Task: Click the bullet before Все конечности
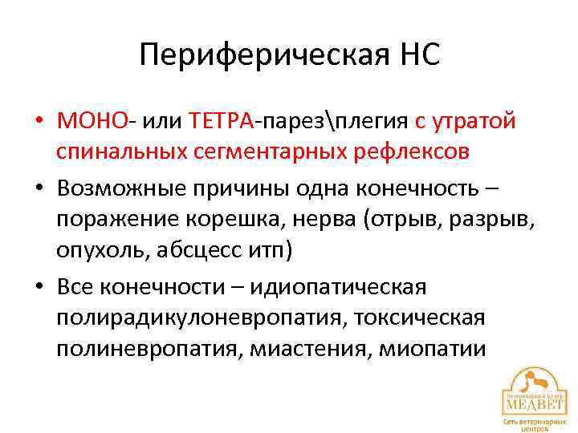(x=39, y=287)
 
